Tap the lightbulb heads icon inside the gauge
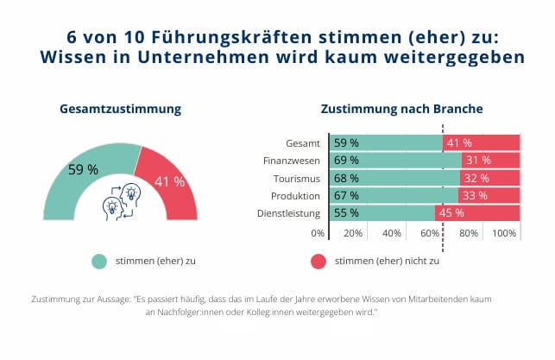point(121,201)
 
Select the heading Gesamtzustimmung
point(120,110)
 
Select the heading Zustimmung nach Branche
point(401,110)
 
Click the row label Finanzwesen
point(292,161)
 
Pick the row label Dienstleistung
point(289,213)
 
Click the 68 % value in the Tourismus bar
point(346,178)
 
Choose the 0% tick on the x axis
point(318,233)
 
